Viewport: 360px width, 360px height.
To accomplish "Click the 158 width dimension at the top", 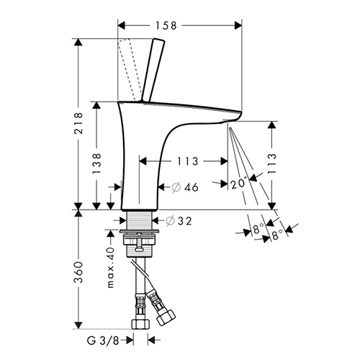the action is (166, 25).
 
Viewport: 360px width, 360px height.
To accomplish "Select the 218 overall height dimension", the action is (78, 123).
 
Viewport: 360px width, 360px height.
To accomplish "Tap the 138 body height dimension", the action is (96, 163).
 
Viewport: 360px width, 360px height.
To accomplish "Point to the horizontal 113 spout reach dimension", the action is (188, 161).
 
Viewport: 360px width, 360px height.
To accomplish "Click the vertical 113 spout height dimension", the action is (271, 163).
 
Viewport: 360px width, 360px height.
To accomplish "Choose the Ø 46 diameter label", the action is (185, 187).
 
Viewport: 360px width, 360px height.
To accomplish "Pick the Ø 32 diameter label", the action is (179, 221).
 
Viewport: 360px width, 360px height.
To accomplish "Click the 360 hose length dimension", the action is (78, 272).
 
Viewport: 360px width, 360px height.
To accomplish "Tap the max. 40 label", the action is (110, 267).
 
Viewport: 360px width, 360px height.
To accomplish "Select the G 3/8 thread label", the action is (103, 341).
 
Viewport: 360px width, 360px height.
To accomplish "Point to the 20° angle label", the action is (239, 184).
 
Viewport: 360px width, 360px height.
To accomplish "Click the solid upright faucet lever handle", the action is (153, 70).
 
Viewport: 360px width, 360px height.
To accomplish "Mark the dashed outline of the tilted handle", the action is (129, 70).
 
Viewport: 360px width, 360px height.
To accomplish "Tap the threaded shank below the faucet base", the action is (139, 221).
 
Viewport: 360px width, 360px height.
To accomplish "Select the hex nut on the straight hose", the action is (140, 324).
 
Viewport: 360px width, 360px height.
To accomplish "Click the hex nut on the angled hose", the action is (166, 318).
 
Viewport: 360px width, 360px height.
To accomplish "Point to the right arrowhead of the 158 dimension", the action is (238, 25).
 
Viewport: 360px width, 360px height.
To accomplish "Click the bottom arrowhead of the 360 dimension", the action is (78, 325).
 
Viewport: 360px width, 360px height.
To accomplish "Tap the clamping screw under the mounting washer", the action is (139, 243).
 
